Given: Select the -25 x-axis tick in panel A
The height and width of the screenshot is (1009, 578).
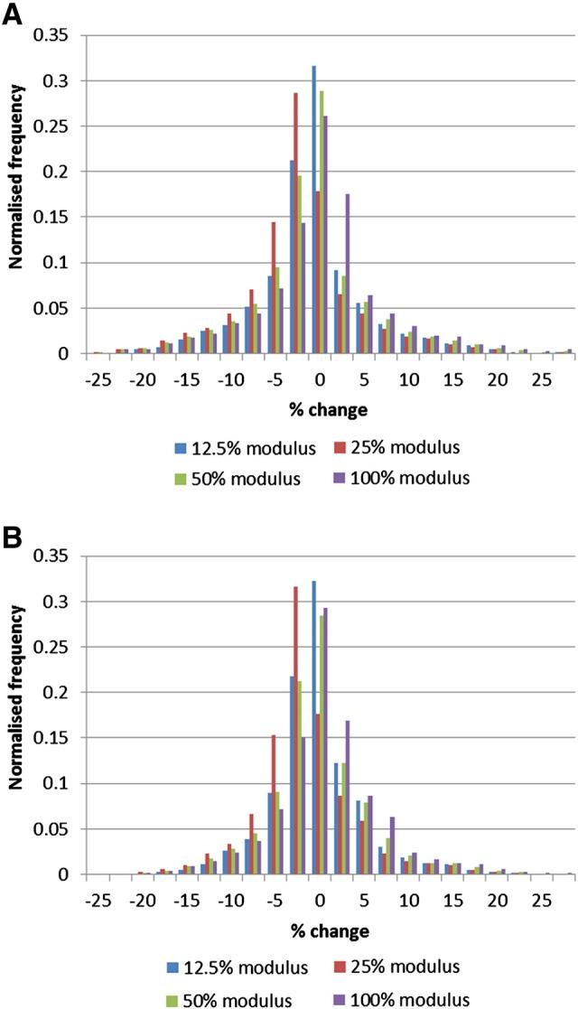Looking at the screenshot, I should point(98,371).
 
